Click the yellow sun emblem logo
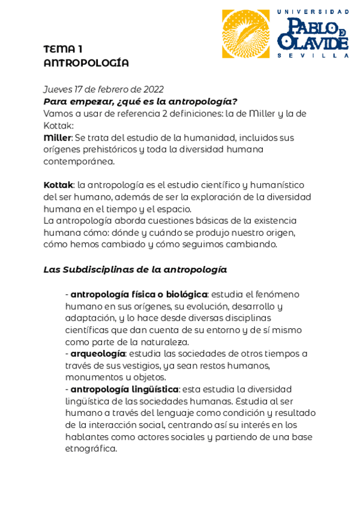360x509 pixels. pos(245,34)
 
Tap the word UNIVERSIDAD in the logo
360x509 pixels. pos(313,12)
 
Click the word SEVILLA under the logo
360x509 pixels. pos(313,55)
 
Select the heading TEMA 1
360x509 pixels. pos(62,49)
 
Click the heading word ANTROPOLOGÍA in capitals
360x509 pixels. pos(86,63)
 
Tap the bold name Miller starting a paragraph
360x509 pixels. pos(57,137)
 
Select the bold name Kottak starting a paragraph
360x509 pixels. pos(58,185)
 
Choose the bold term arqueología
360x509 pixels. pos(98,354)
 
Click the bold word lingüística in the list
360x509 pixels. pos(154,389)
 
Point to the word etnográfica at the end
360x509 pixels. pos(91,448)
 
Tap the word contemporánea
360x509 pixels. pos(79,161)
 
